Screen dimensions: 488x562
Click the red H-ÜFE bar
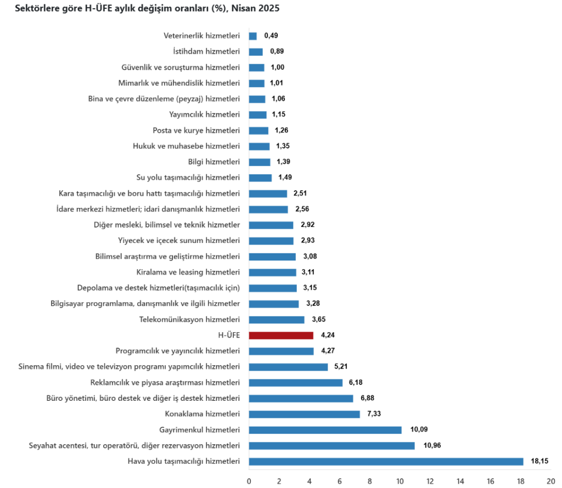point(281,336)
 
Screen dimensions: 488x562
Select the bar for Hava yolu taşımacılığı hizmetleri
point(386,462)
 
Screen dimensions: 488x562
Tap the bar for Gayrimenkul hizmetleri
point(325,430)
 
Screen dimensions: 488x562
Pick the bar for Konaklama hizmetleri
point(304,414)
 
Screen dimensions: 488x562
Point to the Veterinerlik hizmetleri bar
point(253,36)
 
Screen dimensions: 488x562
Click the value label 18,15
point(539,462)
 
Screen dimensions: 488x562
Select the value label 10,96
point(431,446)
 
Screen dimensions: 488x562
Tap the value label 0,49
point(271,36)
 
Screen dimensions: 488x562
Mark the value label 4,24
point(328,336)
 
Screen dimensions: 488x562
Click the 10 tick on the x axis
point(400,481)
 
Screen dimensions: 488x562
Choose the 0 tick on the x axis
point(249,481)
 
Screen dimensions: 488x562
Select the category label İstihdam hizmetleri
point(206,52)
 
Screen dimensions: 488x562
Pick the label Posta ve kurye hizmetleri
point(196,130)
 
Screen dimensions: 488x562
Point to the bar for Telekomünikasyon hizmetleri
point(277,320)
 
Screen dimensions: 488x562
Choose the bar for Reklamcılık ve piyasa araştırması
point(296,383)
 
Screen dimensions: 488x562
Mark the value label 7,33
point(375,414)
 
